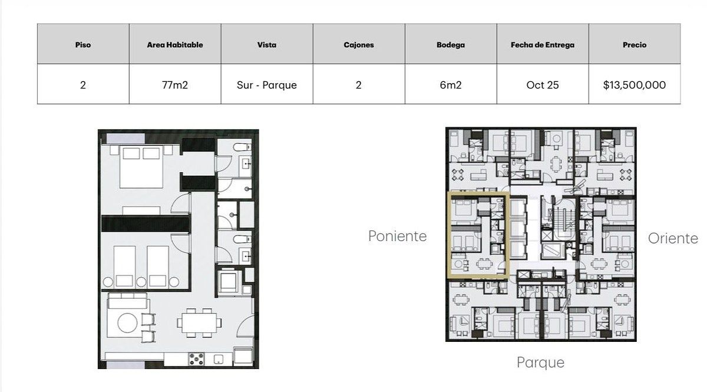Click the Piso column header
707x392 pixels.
pyautogui.click(x=83, y=45)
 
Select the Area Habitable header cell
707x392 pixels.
pyautogui.click(x=175, y=45)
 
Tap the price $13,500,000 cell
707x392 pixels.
pyautogui.click(x=635, y=85)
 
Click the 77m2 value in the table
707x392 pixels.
pyautogui.click(x=175, y=85)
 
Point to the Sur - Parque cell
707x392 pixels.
pyautogui.click(x=267, y=85)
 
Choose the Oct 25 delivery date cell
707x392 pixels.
pyautogui.click(x=543, y=85)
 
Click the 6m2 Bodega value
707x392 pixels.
pyautogui.click(x=451, y=85)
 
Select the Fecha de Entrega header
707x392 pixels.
pyautogui.click(x=543, y=45)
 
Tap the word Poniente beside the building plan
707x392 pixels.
pyautogui.click(x=397, y=236)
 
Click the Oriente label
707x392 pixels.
pyautogui.click(x=673, y=239)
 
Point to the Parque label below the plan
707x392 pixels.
pyautogui.click(x=540, y=363)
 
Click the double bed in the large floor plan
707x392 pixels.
pyautogui.click(x=141, y=167)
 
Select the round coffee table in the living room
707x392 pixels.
pyautogui.click(x=127, y=323)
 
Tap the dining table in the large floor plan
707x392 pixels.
pyautogui.click(x=200, y=323)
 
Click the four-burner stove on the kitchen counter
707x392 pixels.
pyautogui.click(x=196, y=359)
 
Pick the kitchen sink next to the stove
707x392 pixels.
pyautogui.click(x=219, y=359)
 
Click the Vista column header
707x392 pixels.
pyautogui.click(x=267, y=45)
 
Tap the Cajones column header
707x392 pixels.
pyautogui.click(x=359, y=45)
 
